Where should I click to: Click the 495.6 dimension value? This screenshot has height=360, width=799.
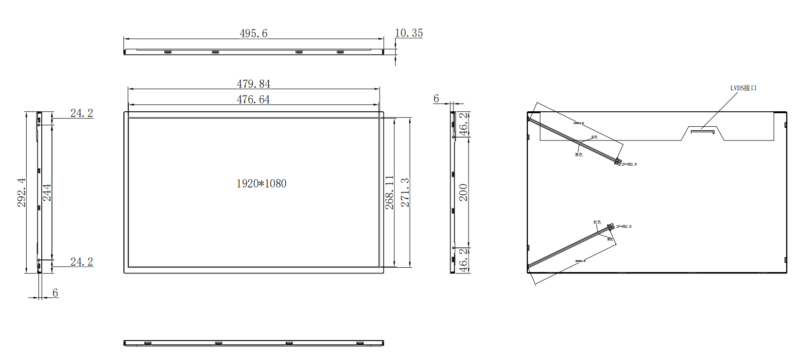[253, 34]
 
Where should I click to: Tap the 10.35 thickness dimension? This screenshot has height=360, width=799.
[408, 33]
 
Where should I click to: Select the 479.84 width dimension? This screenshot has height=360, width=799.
[253, 84]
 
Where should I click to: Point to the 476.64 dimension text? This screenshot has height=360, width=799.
[253, 100]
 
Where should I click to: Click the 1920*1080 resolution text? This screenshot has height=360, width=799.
[261, 184]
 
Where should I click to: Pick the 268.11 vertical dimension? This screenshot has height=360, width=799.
[389, 192]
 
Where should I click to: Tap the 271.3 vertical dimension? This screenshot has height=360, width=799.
[405, 192]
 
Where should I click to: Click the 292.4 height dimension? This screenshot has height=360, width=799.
[22, 192]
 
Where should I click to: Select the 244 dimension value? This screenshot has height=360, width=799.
[47, 192]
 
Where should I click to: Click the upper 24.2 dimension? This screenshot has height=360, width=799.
[82, 113]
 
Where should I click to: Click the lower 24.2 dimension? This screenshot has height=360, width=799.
[82, 262]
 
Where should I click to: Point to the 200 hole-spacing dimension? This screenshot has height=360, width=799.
[464, 192]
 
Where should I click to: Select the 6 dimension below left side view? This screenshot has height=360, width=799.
[55, 293]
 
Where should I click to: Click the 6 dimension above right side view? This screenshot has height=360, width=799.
[436, 99]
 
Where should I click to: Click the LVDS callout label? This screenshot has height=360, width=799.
[743, 88]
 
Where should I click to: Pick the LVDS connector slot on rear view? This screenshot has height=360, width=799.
[702, 130]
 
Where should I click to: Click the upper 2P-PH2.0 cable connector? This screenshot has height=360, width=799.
[618, 162]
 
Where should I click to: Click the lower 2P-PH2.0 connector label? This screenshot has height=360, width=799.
[624, 226]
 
